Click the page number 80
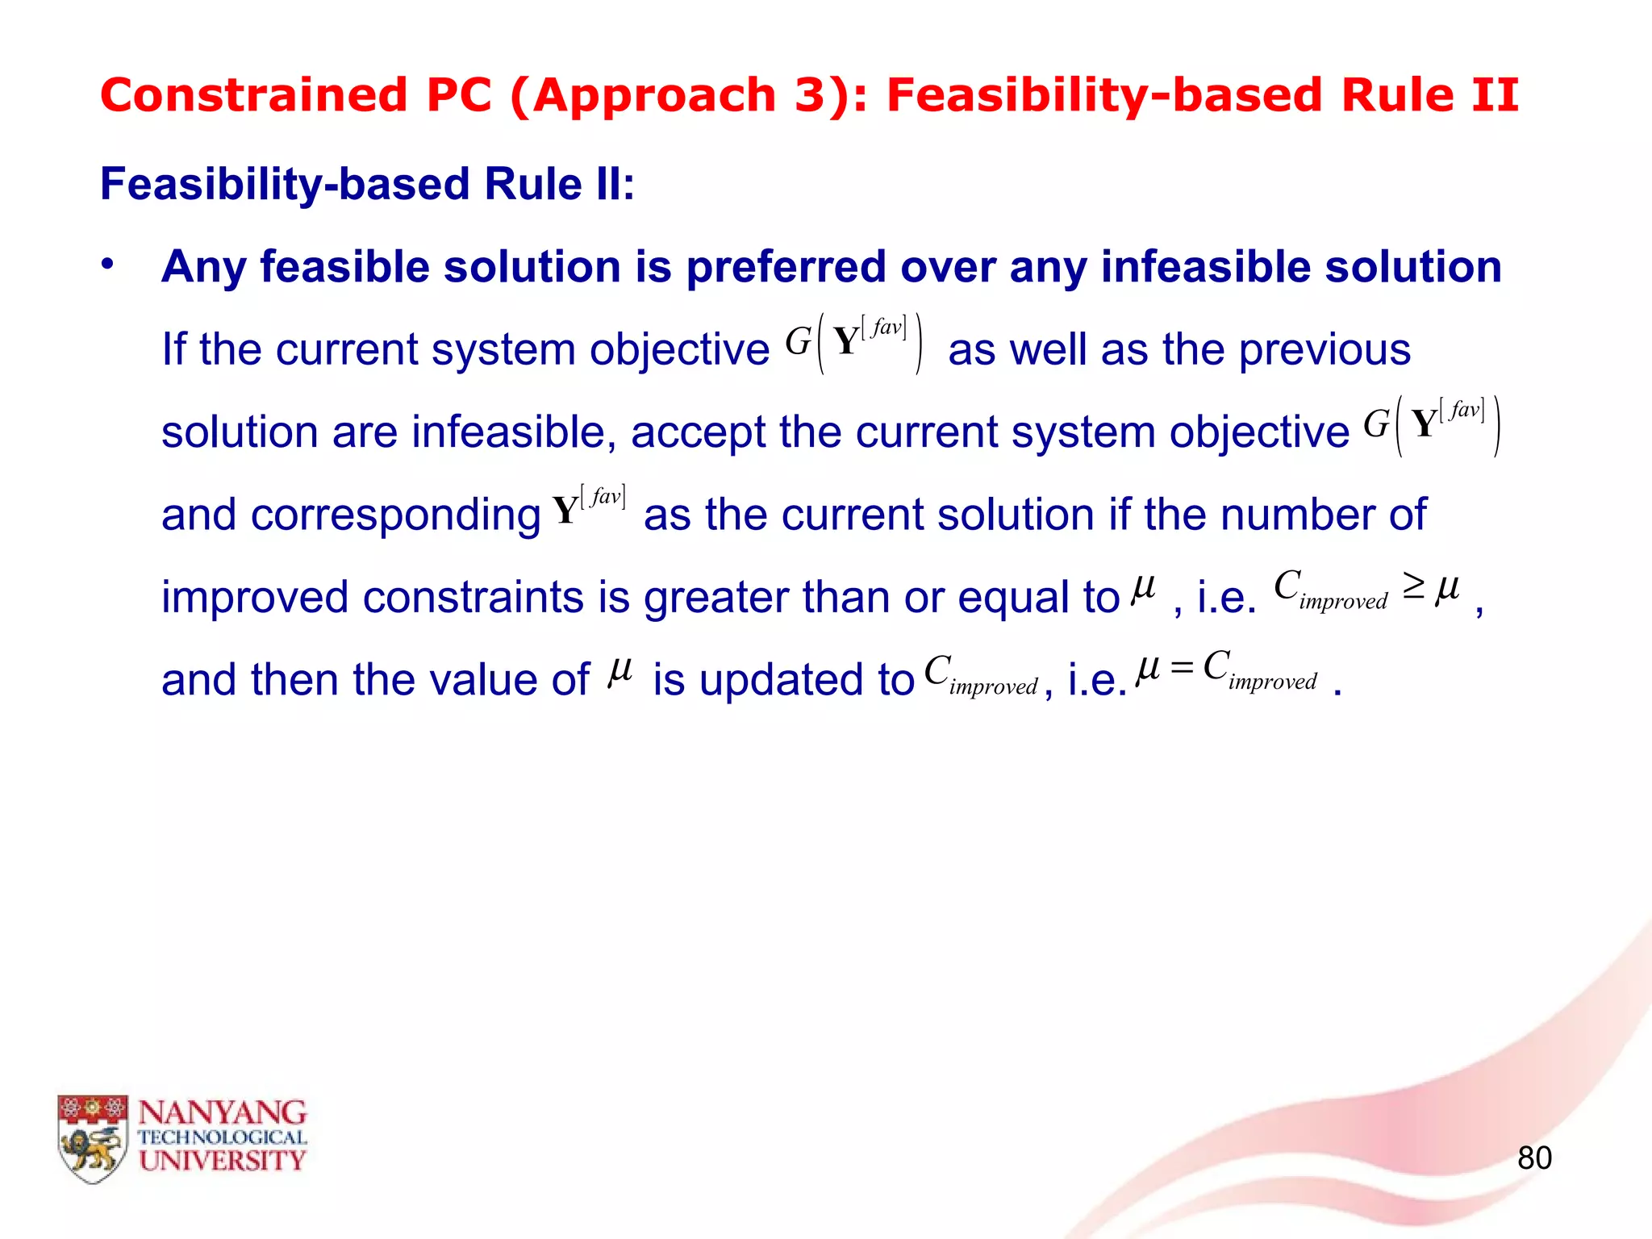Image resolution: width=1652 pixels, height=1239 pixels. click(x=1533, y=1158)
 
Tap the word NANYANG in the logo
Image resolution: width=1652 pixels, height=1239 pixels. click(x=223, y=1113)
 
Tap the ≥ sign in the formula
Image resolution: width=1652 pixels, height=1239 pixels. click(x=1413, y=586)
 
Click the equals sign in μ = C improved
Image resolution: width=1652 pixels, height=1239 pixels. click(x=1182, y=668)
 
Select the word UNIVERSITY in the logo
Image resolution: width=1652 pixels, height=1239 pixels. click(x=223, y=1162)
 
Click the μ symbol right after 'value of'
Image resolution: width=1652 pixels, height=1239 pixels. click(x=619, y=670)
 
